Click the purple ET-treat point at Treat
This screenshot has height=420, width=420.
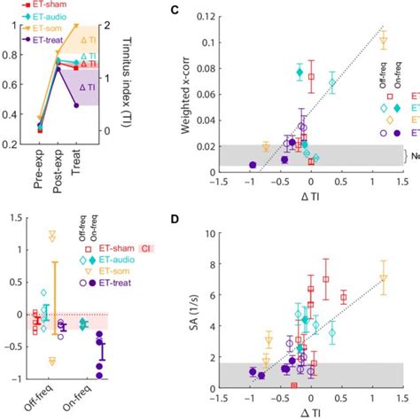76,105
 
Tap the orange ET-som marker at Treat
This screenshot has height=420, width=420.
76,27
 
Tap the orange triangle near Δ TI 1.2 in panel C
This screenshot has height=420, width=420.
384,41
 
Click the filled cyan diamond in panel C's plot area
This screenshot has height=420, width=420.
299,73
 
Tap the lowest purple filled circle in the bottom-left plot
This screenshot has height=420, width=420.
99,375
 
